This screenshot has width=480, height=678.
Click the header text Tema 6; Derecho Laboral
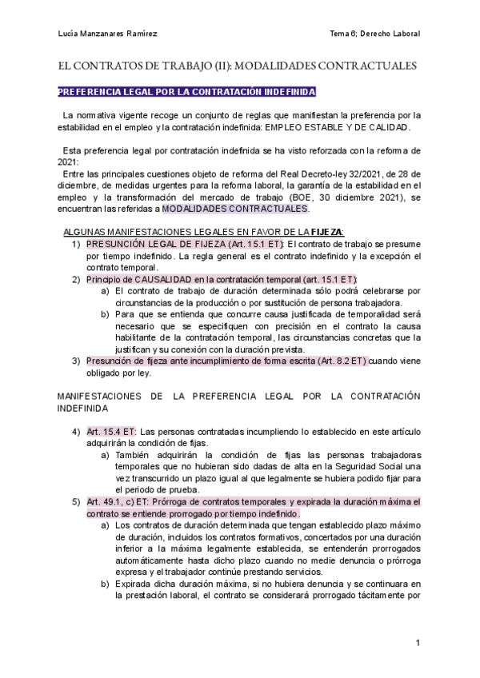[375, 33]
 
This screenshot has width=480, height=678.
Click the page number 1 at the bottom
[418, 644]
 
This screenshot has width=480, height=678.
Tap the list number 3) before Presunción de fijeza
[77, 361]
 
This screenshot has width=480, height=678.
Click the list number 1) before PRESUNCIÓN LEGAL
[77, 244]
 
